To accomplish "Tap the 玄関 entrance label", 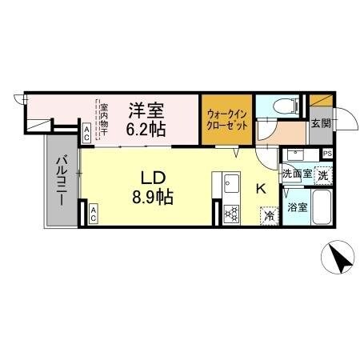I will point(321,123).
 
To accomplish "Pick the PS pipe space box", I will point(326,154).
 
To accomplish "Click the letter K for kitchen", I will point(260,189).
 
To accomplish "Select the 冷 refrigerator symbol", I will point(270,215).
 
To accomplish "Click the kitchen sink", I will point(233,183).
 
